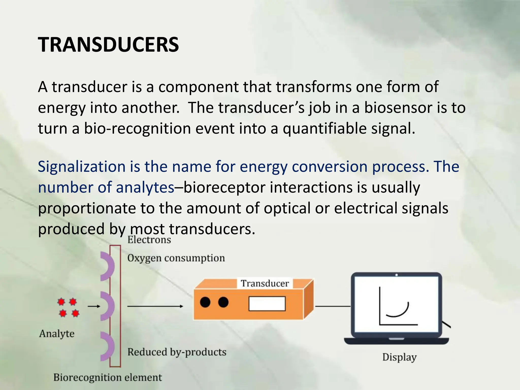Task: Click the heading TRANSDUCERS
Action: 108,45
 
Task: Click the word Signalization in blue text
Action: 82,167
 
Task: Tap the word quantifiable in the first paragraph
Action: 325,128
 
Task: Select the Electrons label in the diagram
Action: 149,240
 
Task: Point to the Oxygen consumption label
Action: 176,258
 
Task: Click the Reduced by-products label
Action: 177,352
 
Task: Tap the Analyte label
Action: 57,333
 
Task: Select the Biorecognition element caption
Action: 107,377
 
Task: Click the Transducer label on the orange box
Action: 265,283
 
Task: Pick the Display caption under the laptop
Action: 399,357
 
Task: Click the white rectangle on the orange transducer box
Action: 267,304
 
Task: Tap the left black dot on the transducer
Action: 205,302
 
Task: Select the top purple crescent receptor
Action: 108,266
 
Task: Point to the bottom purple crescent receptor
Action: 108,346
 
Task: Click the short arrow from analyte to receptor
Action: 94,306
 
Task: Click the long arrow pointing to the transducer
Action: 155,306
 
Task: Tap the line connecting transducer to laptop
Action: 333,306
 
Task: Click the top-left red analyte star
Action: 61,302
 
